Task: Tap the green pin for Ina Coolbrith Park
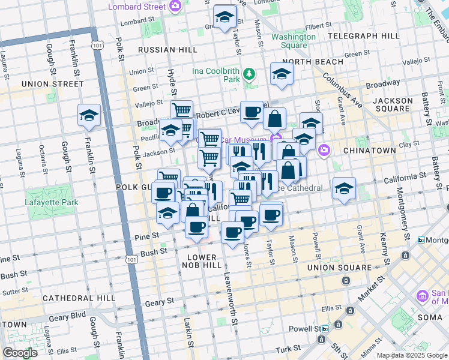point(249,74)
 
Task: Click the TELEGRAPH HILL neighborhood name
point(368,36)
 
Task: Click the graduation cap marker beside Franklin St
point(89,115)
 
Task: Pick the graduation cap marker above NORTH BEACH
point(281,74)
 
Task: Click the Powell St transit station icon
point(325,329)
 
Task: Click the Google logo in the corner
point(20,353)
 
